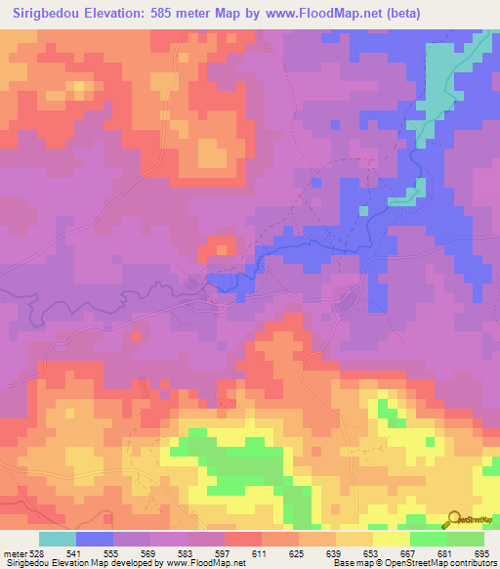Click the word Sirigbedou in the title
coord(48,14)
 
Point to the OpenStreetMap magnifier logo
coord(454,519)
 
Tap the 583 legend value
coord(187,553)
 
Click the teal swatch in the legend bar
coord(58,539)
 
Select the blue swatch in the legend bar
coord(95,539)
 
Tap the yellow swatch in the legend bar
coord(392,539)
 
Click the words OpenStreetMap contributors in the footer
coord(442,564)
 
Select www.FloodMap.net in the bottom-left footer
coord(204,564)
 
